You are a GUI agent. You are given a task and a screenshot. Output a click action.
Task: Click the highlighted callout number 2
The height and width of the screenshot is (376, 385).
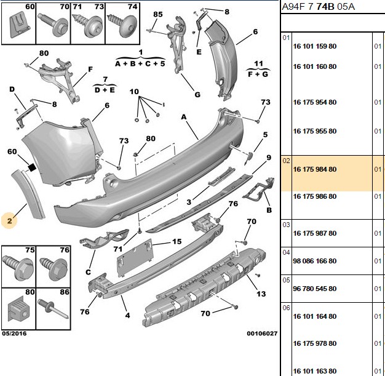9,221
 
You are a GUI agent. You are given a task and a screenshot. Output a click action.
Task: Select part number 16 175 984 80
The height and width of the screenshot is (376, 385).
314,169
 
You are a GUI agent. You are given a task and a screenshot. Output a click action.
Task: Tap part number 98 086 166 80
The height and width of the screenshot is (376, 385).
314,261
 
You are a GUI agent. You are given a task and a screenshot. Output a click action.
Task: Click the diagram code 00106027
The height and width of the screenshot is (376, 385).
262,334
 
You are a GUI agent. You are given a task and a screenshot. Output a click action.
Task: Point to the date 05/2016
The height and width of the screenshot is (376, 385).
14,334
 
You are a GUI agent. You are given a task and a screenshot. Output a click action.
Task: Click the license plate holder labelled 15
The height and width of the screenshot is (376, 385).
135,257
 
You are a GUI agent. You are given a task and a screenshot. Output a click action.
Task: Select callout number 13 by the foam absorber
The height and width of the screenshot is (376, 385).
261,294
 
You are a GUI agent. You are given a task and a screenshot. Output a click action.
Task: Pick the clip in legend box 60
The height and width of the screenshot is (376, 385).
19,26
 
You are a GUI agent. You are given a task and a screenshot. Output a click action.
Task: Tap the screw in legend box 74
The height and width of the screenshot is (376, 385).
122,25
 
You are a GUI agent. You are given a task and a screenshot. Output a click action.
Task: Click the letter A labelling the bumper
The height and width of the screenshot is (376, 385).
184,117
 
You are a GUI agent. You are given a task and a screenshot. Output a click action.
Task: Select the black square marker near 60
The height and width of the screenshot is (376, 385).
32,167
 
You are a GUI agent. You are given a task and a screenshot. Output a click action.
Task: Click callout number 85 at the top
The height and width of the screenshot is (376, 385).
158,14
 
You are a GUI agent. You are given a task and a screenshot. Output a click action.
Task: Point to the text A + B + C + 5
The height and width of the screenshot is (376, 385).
140,64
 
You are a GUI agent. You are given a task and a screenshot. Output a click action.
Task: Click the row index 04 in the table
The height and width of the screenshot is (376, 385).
287,252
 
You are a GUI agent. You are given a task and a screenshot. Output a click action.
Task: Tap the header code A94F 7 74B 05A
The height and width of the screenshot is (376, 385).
318,6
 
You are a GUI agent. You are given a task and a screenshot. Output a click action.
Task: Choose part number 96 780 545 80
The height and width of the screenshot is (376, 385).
314,289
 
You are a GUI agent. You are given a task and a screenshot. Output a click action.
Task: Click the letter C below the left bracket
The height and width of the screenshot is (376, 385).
88,272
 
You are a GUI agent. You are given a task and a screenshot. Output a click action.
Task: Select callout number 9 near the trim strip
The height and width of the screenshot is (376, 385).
269,158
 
